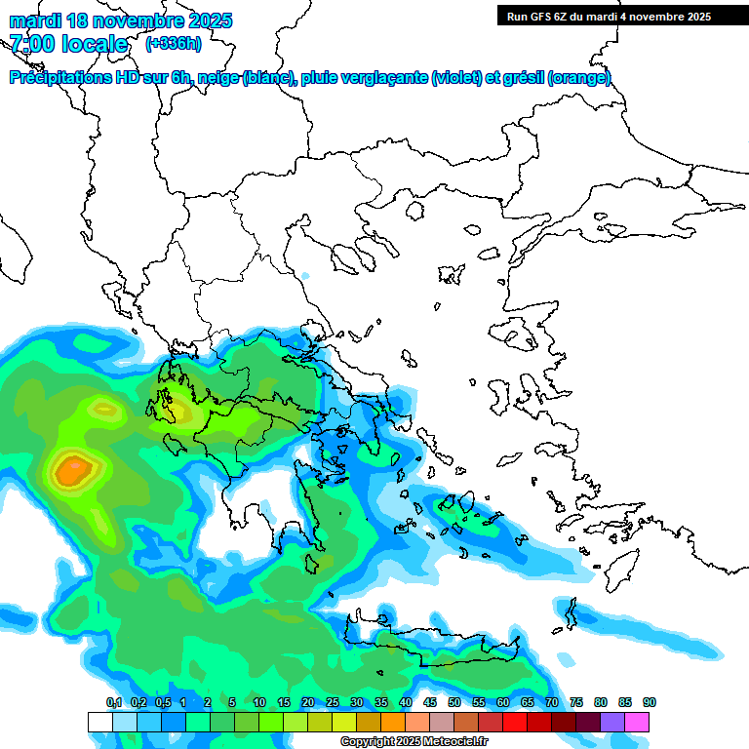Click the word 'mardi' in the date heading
(32, 20)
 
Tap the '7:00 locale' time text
(68, 44)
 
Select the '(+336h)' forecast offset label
(173, 44)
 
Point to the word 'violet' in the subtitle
(457, 78)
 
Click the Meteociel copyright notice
(414, 742)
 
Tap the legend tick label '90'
(650, 702)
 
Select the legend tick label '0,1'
(113, 702)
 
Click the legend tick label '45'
(430, 702)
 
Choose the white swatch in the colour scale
(99, 722)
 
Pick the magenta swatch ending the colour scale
(637, 722)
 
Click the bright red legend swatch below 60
(515, 722)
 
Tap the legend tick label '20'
(308, 702)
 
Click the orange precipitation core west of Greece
(72, 473)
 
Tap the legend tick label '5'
(232, 702)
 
